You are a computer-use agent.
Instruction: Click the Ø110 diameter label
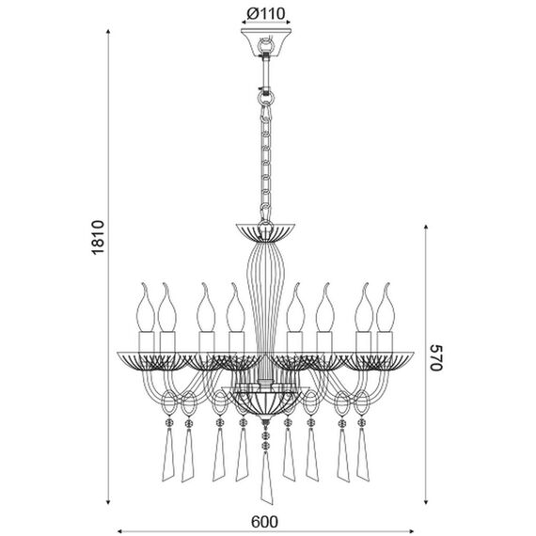(265, 14)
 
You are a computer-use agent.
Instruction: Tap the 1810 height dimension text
(98, 237)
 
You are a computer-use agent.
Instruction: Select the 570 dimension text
(435, 357)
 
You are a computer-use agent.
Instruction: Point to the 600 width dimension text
(264, 522)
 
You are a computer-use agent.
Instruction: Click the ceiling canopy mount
(266, 42)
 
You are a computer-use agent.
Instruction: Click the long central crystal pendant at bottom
(267, 478)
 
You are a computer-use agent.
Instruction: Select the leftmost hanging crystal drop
(167, 454)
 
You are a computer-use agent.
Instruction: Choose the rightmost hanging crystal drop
(363, 454)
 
